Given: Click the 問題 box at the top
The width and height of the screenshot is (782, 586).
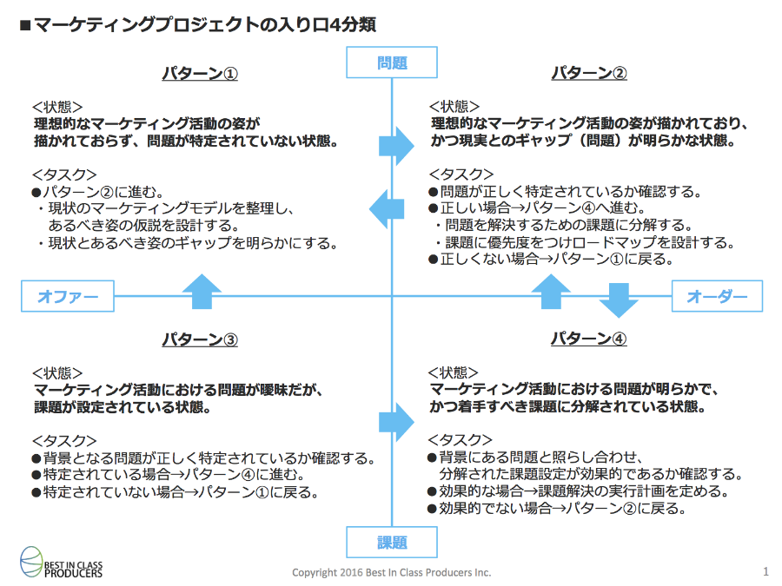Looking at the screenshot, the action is pos(392,63).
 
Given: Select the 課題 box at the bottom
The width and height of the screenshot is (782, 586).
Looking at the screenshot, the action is pos(392,542).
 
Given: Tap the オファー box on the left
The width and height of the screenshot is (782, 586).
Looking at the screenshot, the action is pos(67,296).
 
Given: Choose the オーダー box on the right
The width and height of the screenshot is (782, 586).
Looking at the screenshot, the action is pos(717,296).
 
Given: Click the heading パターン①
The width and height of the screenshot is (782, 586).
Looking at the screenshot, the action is pos(200,73).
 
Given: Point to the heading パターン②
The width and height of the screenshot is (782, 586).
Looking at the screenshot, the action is pos(588,73).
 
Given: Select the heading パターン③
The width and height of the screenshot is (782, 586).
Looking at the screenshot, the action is pos(200,339).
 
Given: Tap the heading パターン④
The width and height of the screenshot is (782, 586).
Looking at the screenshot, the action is pos(588,339).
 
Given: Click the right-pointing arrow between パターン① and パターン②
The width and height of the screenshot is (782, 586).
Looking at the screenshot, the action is pos(396,146).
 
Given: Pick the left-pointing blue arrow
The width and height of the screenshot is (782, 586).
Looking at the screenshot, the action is pos(387,209).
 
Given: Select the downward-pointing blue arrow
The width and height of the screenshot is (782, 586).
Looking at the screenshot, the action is pos(619,300).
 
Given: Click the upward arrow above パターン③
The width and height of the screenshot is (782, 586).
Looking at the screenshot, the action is pos(202,292).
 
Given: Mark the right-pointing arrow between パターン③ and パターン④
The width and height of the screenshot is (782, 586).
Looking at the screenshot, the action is pos(396,422).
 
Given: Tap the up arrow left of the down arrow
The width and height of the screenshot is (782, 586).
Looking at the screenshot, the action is pos(551,292).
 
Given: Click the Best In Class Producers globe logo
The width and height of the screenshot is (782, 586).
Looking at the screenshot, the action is pos(31,562).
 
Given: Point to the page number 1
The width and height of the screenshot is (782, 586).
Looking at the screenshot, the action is pos(765,571).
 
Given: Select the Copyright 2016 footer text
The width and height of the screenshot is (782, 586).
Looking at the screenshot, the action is pos(392,573).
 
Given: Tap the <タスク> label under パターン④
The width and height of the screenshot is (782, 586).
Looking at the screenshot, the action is pos(460,440).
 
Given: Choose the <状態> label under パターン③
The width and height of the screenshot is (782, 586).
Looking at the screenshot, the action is pos(57,373).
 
